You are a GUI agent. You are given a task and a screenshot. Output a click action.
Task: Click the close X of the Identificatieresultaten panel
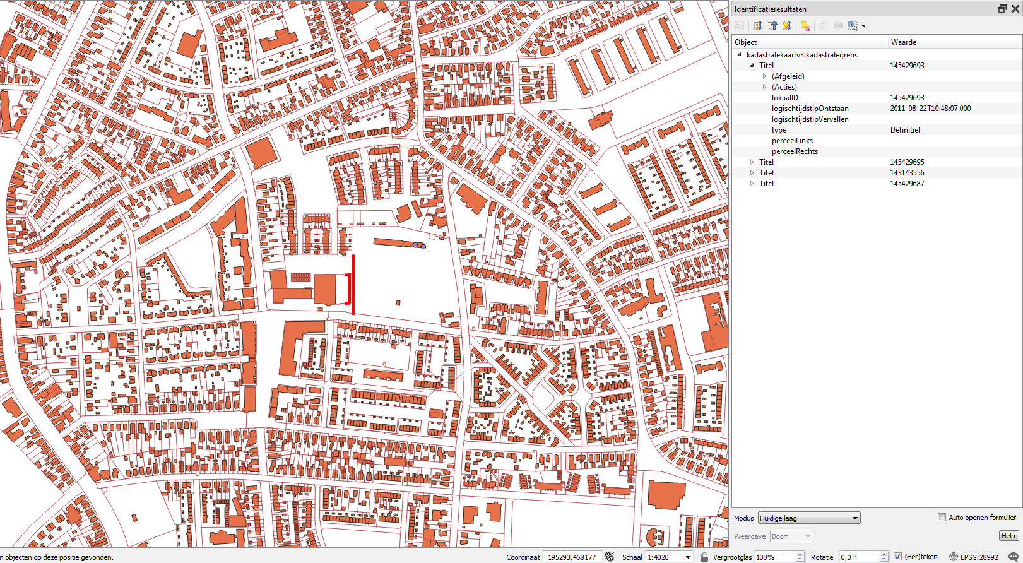click(1015, 9)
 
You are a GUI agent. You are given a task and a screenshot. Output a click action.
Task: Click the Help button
click(1008, 536)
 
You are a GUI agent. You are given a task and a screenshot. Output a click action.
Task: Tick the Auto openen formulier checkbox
click(942, 518)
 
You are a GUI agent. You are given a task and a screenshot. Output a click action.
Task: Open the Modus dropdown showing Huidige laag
click(808, 518)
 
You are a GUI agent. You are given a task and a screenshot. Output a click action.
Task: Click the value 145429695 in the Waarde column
click(907, 162)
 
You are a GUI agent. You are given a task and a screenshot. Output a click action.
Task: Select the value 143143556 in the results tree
click(907, 173)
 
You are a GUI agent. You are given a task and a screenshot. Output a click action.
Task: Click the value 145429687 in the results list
click(907, 184)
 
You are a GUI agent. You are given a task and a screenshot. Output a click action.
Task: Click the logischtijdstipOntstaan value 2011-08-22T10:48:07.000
click(930, 109)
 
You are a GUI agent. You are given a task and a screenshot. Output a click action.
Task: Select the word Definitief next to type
click(905, 130)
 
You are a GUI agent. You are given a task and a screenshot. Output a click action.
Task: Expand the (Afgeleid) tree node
click(764, 76)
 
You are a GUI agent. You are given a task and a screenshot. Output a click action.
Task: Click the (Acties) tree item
click(784, 87)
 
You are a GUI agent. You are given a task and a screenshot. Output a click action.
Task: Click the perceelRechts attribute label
click(794, 151)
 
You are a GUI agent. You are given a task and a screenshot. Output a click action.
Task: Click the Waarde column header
click(903, 42)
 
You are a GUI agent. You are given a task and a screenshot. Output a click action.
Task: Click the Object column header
click(745, 42)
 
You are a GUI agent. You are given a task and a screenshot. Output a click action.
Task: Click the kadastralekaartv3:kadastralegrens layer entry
click(801, 55)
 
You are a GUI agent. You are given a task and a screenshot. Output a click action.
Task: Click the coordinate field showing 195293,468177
click(571, 557)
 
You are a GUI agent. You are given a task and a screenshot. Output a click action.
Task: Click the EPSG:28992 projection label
click(979, 557)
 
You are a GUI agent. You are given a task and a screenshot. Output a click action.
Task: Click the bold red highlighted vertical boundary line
click(353, 284)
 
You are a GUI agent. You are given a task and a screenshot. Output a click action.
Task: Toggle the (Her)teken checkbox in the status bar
click(897, 557)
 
